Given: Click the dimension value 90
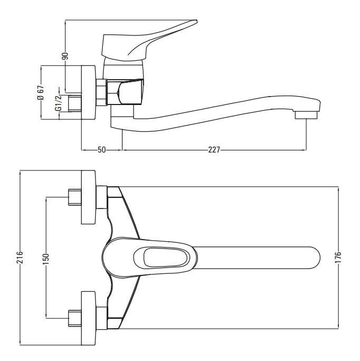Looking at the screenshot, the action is click(x=65, y=56).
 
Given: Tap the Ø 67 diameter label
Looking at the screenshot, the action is click(x=41, y=92).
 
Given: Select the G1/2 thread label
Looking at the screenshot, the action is click(x=58, y=102).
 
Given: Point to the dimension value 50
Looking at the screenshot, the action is click(x=101, y=150).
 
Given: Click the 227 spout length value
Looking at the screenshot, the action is click(x=214, y=150).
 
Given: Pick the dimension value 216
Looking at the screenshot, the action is click(x=20, y=258).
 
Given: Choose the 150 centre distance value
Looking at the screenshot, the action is click(x=46, y=259).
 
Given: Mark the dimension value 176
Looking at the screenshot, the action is click(x=338, y=258).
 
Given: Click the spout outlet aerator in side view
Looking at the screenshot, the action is click(x=306, y=115).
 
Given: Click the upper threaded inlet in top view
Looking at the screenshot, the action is click(x=75, y=197).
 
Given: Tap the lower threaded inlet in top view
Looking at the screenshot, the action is click(x=75, y=318).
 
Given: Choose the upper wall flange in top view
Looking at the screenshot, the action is click(x=89, y=197).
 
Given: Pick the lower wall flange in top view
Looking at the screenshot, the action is click(x=89, y=318).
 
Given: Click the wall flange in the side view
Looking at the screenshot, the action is click(x=89, y=92).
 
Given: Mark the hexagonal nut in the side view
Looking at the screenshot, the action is click(x=101, y=92).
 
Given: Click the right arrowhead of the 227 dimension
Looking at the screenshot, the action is click(x=305, y=150).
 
